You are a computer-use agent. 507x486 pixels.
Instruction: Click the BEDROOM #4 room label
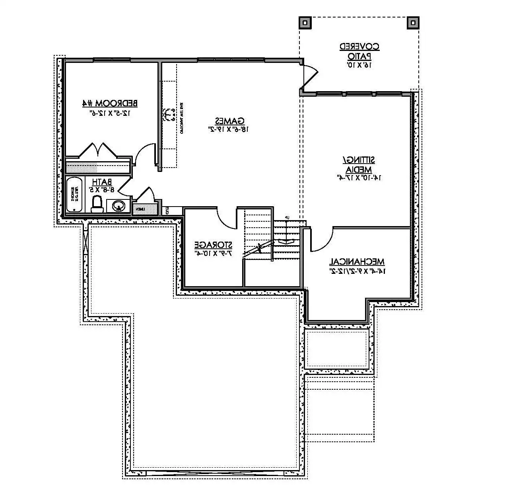click(x=110, y=103)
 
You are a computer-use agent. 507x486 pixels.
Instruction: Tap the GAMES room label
click(x=229, y=120)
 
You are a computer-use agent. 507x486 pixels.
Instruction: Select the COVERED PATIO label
click(x=359, y=51)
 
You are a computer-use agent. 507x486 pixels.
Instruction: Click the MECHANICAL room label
click(x=356, y=262)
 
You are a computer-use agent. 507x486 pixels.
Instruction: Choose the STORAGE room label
click(x=213, y=244)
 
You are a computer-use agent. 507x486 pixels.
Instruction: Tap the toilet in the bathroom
click(x=97, y=204)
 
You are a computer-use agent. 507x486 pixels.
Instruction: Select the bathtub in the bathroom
click(x=74, y=195)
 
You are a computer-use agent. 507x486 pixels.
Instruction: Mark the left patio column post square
click(x=305, y=23)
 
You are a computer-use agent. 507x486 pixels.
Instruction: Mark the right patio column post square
click(x=413, y=23)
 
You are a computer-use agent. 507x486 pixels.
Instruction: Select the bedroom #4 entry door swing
click(x=145, y=155)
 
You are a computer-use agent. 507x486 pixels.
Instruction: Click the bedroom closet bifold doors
click(x=98, y=150)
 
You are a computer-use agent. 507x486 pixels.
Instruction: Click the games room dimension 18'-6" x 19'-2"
click(x=229, y=129)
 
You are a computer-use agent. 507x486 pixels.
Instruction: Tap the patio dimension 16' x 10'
click(x=359, y=64)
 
